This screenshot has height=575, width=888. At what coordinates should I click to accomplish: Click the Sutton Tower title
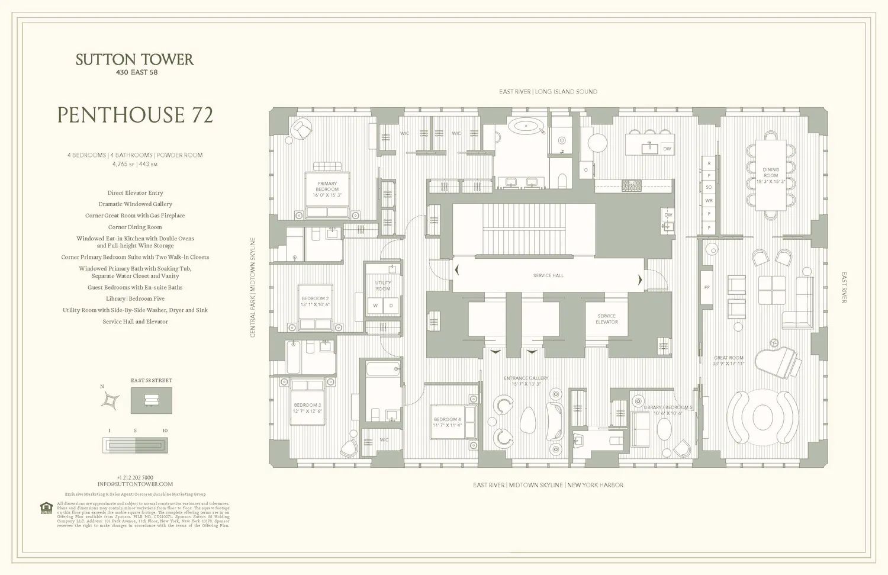click(134, 59)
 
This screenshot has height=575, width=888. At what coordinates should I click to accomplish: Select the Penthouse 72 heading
click(135, 115)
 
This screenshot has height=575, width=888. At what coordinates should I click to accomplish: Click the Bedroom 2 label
click(315, 301)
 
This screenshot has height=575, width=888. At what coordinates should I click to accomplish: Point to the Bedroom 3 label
click(307, 408)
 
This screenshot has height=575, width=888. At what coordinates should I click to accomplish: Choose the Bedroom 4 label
click(447, 422)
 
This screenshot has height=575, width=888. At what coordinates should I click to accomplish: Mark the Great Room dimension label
click(728, 361)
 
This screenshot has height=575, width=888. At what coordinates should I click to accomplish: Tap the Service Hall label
click(548, 275)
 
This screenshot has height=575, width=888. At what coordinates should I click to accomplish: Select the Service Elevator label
click(606, 319)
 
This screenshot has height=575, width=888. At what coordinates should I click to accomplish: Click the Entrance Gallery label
click(526, 381)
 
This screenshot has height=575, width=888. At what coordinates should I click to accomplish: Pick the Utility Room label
click(383, 285)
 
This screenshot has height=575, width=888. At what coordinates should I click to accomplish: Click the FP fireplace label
click(706, 287)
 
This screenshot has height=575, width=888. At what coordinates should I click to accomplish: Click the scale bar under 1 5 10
click(135, 445)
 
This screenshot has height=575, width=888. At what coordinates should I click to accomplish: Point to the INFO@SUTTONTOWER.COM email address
click(135, 484)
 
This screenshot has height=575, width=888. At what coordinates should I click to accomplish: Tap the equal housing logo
click(46, 508)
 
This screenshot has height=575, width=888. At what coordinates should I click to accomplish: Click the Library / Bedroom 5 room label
click(667, 410)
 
